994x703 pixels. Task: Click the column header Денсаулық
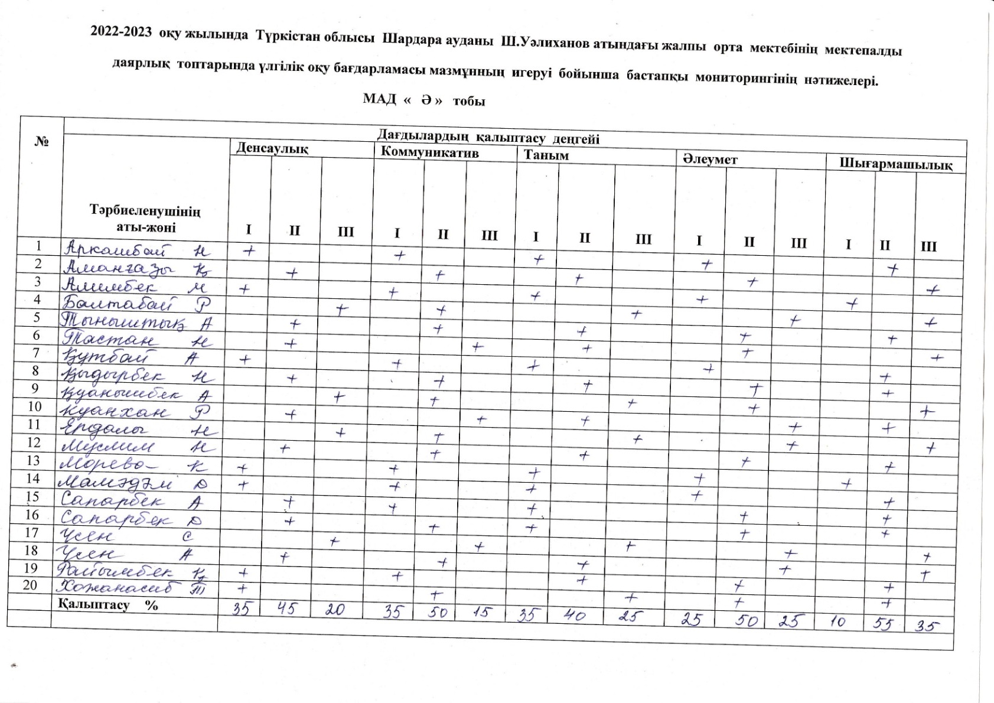click(272, 148)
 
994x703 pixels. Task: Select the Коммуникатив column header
click(429, 152)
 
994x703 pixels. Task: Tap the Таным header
click(546, 155)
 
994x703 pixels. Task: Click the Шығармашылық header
click(896, 165)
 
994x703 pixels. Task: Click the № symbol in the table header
click(41, 142)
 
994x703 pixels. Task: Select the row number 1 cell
click(39, 246)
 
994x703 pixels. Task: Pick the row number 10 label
click(35, 406)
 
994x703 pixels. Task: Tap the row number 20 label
click(30, 585)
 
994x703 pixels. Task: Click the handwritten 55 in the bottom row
click(884, 623)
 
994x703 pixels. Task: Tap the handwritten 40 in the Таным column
click(575, 616)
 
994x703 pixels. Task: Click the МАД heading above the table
click(379, 99)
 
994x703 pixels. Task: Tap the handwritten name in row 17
click(94, 538)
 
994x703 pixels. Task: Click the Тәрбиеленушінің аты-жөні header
click(145, 219)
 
